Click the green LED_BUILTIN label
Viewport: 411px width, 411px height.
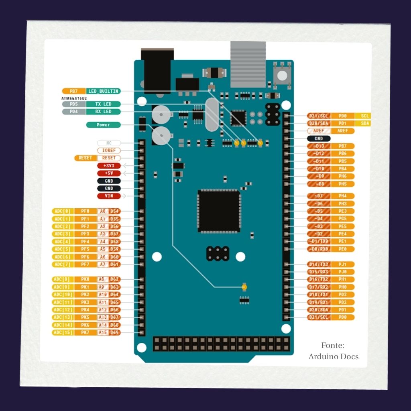pyautogui.click(x=103, y=92)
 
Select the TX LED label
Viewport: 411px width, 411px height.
pyautogui.click(x=103, y=104)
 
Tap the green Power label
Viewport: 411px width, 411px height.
pyautogui.click(x=103, y=125)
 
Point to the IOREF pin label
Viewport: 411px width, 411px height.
pyautogui.click(x=109, y=151)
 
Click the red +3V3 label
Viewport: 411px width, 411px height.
pyautogui.click(x=109, y=165)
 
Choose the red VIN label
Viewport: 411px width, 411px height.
pyautogui.click(x=109, y=196)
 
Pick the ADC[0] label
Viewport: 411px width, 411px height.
pyautogui.click(x=63, y=211)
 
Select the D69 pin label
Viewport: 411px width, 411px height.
pyautogui.click(x=115, y=332)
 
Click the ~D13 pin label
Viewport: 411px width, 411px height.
pyautogui.click(x=319, y=146)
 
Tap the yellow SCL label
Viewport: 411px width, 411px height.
pyautogui.click(x=365, y=116)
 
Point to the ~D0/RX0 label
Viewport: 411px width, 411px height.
pyautogui.click(x=319, y=249)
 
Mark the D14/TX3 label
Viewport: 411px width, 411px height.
pyautogui.click(x=319, y=264)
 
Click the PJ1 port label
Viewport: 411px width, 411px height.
pyautogui.click(x=342, y=264)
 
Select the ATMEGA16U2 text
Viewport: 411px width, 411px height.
pyautogui.click(x=74, y=98)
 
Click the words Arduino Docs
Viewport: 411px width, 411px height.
pyautogui.click(x=333, y=356)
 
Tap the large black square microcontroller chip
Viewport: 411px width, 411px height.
pyautogui.click(x=219, y=211)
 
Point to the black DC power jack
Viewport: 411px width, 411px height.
pyautogui.click(x=157, y=70)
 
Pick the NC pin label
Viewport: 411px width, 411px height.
pyautogui.click(x=109, y=143)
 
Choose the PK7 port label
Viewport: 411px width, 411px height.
pyautogui.click(x=85, y=332)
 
